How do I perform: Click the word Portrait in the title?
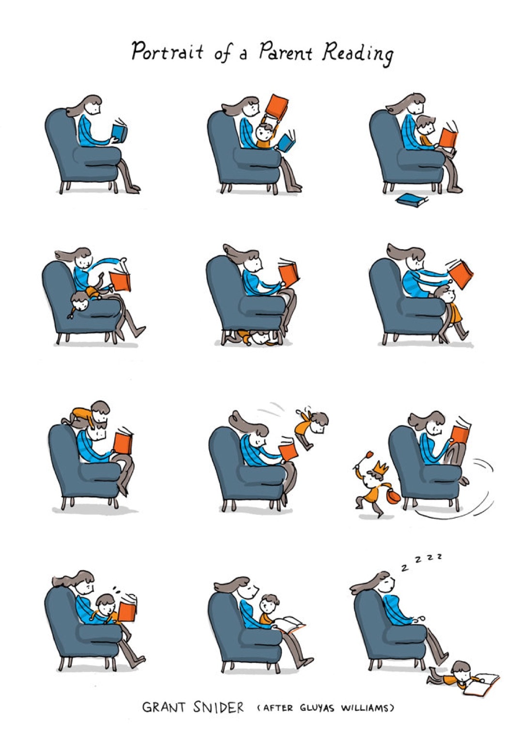pyautogui.click(x=168, y=51)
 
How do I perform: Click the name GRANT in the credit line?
pyautogui.click(x=164, y=707)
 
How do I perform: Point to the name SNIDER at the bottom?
pyautogui.click(x=218, y=707)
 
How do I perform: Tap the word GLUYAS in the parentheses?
pyautogui.click(x=317, y=708)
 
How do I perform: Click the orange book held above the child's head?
pyautogui.click(x=277, y=107)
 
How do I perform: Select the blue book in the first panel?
pyautogui.click(x=119, y=132)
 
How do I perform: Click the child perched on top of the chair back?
pyautogui.click(x=90, y=415)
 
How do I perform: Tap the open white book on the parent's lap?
pyautogui.click(x=289, y=623)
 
